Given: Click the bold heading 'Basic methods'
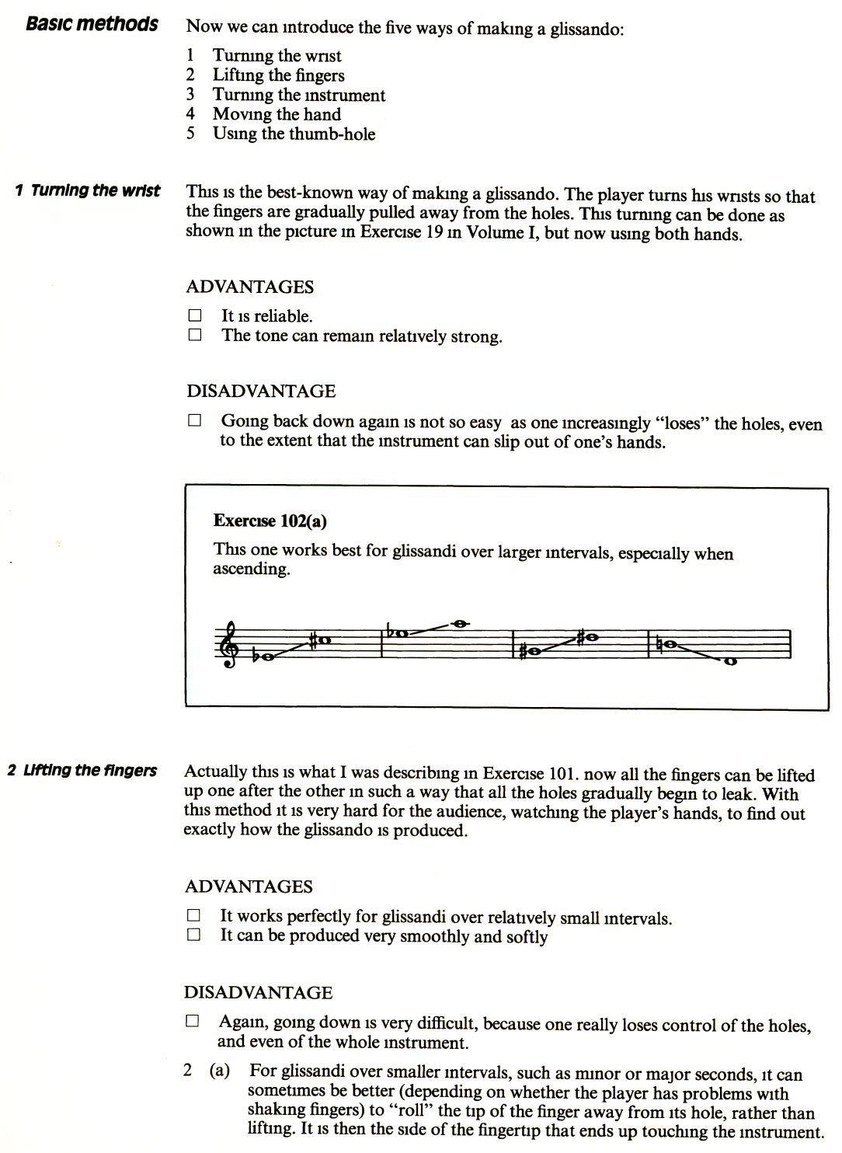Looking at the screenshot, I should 92,24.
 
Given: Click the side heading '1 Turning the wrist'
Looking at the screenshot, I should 87,190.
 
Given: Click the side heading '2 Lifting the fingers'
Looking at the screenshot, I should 82,771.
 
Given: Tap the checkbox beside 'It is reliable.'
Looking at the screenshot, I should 194,315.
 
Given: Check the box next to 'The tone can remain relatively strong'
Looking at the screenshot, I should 194,336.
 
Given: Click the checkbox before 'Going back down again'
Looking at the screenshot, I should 194,420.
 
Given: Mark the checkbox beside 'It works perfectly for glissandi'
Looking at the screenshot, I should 193,916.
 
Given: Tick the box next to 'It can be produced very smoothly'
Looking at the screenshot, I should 193,935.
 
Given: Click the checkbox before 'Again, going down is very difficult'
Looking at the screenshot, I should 193,1022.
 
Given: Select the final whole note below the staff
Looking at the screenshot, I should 729,662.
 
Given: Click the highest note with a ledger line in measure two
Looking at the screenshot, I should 459,622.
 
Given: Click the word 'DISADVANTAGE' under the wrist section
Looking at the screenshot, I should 261,391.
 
